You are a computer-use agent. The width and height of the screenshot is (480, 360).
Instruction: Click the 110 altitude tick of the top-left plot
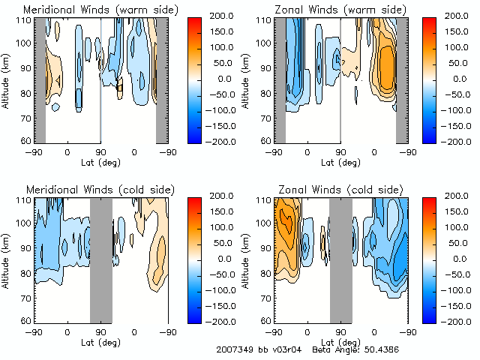coord(25,19)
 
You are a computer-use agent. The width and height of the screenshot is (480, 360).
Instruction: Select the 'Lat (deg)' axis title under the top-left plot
coord(100,162)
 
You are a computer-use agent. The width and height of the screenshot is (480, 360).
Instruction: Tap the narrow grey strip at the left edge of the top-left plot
coord(40,80)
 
